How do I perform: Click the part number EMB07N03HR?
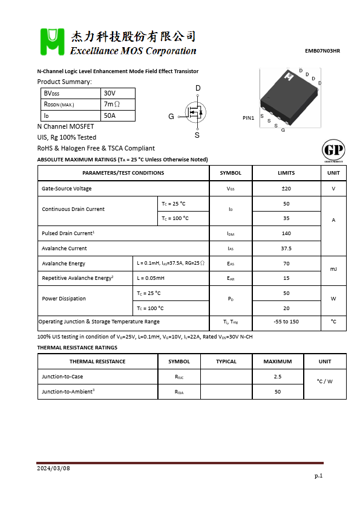[x=322, y=51]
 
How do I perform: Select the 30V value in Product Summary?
[x=110, y=93]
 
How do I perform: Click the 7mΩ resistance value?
[x=112, y=104]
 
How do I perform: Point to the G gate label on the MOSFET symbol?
[x=171, y=116]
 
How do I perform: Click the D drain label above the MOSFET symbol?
[x=198, y=88]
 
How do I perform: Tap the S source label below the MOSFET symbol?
[x=197, y=135]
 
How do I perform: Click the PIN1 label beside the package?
[x=249, y=118]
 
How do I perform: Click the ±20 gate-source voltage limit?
[x=286, y=189]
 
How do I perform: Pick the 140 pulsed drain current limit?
[x=286, y=233]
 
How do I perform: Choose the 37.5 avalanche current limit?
[x=286, y=248]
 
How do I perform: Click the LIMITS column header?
[x=286, y=173]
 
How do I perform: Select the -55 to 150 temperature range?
[x=286, y=322]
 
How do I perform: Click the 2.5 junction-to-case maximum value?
[x=278, y=377]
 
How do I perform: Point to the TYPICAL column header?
[x=226, y=361]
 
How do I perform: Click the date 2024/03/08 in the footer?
[x=54, y=468]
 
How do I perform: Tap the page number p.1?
[x=319, y=476]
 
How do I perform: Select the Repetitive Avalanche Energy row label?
[x=77, y=278]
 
